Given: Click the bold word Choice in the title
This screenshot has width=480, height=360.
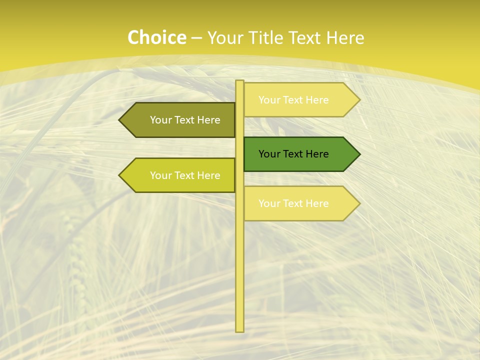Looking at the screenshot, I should [156, 38].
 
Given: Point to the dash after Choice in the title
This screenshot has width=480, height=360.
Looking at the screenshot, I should [196, 38].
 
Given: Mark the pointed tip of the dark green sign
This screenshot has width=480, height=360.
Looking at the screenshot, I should [358, 154].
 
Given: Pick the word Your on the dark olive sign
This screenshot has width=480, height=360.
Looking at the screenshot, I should [160, 120].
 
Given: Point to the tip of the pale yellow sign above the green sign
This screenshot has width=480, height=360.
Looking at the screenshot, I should [358, 100].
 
